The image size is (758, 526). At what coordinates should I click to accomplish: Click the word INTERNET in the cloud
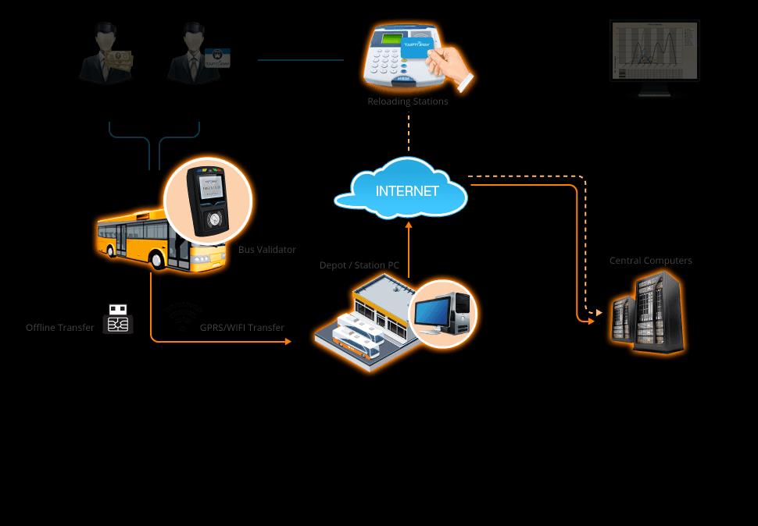[x=407, y=191]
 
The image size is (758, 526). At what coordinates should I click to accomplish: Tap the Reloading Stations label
[x=408, y=101]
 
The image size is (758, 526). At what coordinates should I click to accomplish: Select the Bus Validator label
[x=267, y=250]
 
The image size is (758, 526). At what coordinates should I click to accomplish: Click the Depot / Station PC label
[x=359, y=265]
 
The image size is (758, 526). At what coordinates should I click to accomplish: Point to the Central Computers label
[x=650, y=261]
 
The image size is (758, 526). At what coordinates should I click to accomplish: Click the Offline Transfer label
[x=60, y=328]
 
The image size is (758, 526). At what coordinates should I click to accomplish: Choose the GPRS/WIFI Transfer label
[x=242, y=328]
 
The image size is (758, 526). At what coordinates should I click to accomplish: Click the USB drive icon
[x=118, y=318]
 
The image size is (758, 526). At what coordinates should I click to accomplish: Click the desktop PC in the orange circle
[x=443, y=313]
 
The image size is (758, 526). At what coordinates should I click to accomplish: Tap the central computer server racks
[x=648, y=312]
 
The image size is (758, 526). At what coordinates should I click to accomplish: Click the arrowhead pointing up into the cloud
[x=408, y=225]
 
